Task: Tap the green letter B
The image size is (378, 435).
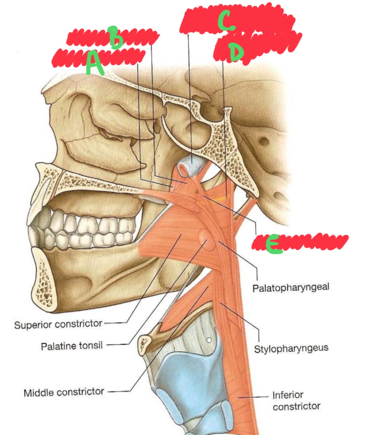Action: [x=115, y=37]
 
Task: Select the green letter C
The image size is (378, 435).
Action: [x=226, y=20]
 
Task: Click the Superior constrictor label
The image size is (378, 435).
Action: [x=58, y=324]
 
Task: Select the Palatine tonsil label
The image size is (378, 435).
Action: [x=71, y=346]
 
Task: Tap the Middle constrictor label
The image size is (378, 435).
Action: [x=64, y=393]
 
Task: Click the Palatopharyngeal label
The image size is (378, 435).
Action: [x=291, y=288]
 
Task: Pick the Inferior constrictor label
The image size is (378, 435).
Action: [x=296, y=400]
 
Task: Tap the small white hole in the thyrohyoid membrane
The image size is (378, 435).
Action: [x=209, y=340]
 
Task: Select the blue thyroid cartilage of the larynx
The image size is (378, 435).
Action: [x=187, y=376]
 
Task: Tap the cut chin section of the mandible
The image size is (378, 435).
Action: [x=44, y=280]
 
